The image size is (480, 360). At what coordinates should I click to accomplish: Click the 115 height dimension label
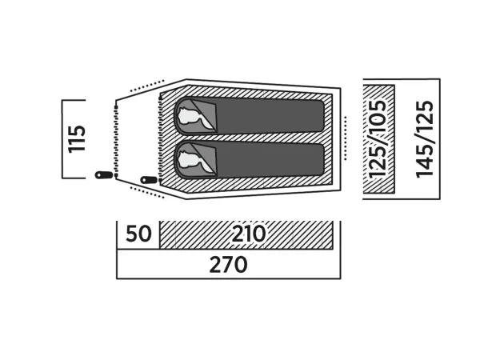pos(76,138)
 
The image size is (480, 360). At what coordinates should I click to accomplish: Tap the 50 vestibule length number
pos(138,234)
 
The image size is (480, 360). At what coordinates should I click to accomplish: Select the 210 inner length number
pos(249,234)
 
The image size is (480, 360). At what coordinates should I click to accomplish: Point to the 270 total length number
pos(228,265)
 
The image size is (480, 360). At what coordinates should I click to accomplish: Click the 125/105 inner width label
pos(377,139)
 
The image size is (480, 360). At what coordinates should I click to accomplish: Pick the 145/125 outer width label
pos(425,139)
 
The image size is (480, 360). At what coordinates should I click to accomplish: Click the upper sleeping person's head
pos(189,117)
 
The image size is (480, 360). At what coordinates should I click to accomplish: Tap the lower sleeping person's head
pos(189,160)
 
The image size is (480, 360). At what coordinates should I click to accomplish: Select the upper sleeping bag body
pos(270,116)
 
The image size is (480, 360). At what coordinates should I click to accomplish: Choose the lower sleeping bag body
pos(270,159)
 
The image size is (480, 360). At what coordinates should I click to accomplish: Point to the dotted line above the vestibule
pos(147,86)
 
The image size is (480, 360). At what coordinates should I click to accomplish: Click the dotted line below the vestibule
pos(147,192)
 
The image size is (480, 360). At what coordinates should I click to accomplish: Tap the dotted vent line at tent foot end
pos(346,138)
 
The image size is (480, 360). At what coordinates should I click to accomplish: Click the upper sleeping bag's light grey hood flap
pos(203,114)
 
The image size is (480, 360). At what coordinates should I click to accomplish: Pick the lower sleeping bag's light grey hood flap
pos(203,158)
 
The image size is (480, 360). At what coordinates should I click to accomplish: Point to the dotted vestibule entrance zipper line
pos(116,140)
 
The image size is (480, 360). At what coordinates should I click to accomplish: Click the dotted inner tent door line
pos(160,138)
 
